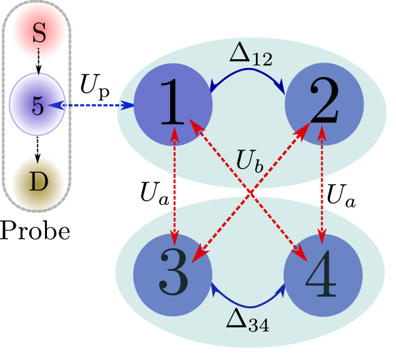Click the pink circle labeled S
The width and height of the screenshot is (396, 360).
[x=39, y=31]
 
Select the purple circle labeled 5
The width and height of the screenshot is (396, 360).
[x=37, y=105]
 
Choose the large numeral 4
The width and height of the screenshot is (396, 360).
[x=320, y=275]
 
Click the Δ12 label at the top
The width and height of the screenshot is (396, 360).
[x=249, y=54]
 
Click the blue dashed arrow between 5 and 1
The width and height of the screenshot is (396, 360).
[x=92, y=105]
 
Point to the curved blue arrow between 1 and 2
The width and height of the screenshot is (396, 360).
[x=246, y=76]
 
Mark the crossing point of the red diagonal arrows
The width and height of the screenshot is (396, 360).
[x=250, y=194]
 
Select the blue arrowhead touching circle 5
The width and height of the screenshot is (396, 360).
[x=54, y=105]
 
